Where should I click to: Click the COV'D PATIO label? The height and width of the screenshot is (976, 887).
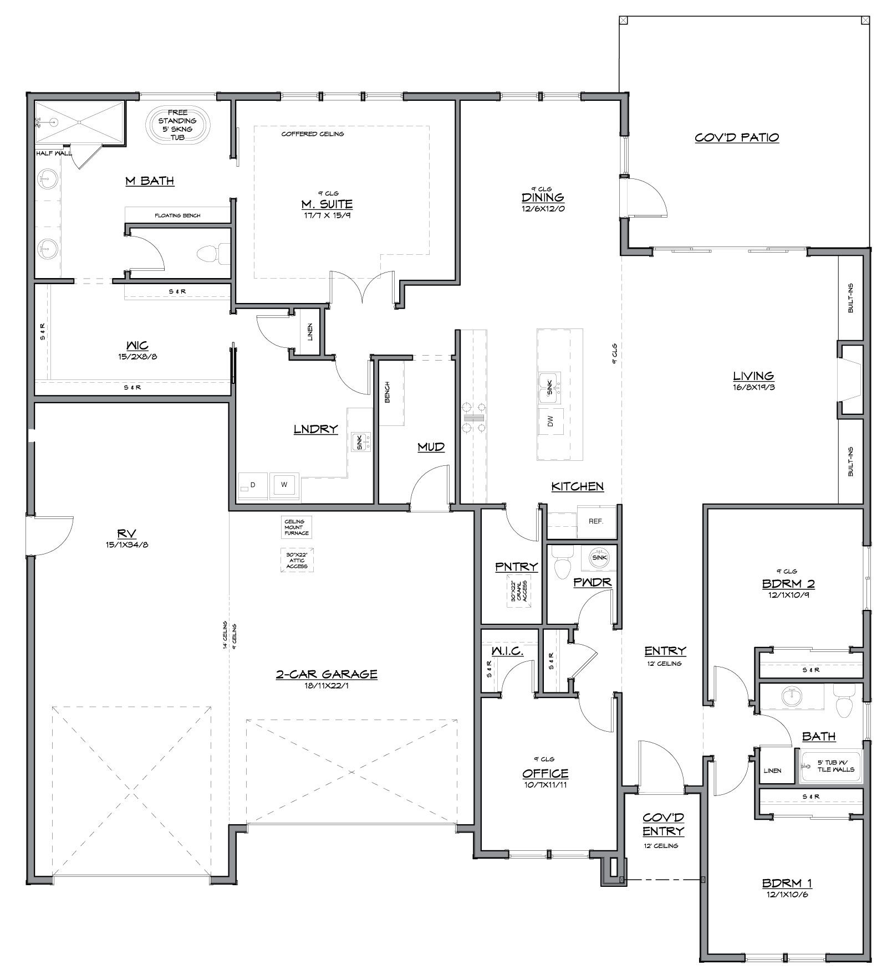tap(737, 137)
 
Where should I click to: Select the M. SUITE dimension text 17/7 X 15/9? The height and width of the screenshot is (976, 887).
tap(327, 215)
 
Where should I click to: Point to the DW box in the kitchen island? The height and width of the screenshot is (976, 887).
tap(550, 423)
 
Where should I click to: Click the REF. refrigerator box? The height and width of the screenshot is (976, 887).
tap(596, 521)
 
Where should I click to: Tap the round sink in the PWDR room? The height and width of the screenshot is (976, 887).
tap(599, 557)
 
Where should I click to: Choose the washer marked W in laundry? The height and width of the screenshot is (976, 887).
tap(284, 485)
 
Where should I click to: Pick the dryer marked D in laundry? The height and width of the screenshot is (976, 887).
tap(253, 485)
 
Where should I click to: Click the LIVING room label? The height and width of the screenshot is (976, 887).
tap(753, 376)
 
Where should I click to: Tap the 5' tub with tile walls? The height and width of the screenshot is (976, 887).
tap(832, 766)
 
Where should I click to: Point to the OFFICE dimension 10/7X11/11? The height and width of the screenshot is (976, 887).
tap(545, 784)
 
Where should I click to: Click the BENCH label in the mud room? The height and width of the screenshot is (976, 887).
tap(387, 392)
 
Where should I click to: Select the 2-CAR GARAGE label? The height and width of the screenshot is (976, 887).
tap(327, 674)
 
